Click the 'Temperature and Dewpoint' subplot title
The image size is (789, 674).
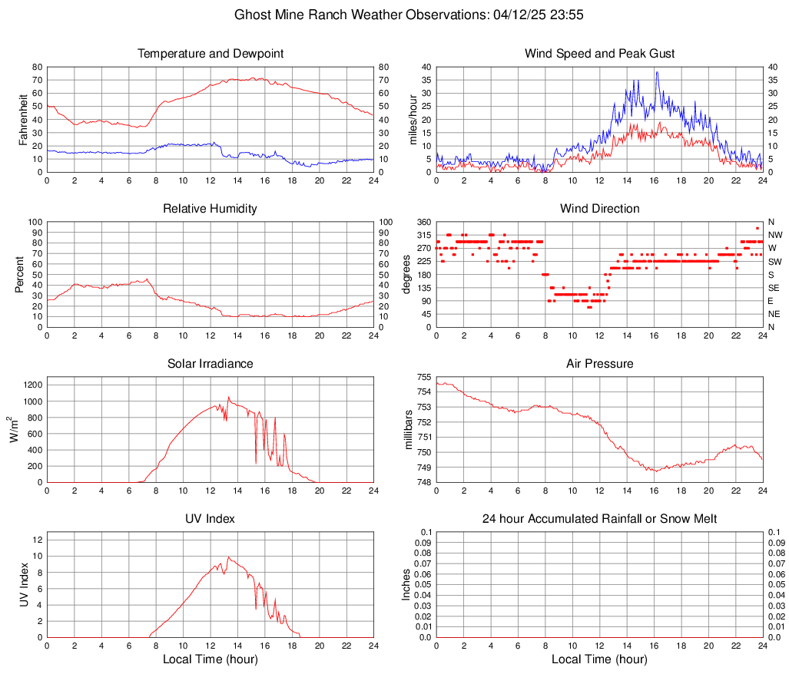click(x=211, y=54)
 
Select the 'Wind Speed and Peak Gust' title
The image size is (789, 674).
click(x=599, y=54)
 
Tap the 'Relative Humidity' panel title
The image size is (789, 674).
click(x=211, y=209)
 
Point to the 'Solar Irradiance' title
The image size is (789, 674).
click(x=211, y=364)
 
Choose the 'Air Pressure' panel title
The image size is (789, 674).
click(x=599, y=364)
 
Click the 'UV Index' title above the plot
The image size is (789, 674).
click(x=211, y=519)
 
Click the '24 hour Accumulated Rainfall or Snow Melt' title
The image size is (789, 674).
click(x=599, y=519)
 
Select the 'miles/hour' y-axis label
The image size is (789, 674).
click(x=412, y=120)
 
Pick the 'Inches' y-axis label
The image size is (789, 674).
click(x=407, y=584)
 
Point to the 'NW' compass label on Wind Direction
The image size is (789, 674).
click(x=775, y=235)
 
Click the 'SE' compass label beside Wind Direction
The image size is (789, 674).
click(x=774, y=288)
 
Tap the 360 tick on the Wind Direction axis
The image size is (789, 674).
click(x=424, y=222)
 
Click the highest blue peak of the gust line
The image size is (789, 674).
click(x=657, y=72)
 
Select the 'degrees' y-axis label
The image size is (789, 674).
click(x=407, y=274)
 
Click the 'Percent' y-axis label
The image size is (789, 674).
click(x=20, y=274)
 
